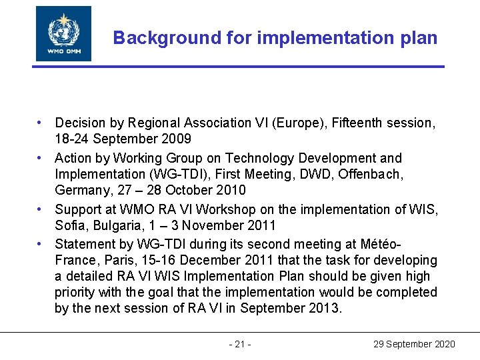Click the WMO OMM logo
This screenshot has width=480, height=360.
coord(63,34)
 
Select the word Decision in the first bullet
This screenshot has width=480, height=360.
coord(81,123)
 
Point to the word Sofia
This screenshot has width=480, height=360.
coord(70,225)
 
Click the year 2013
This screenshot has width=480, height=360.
coord(326,308)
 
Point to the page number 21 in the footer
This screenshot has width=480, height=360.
coord(240,344)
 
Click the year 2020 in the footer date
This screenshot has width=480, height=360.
coord(443,344)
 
